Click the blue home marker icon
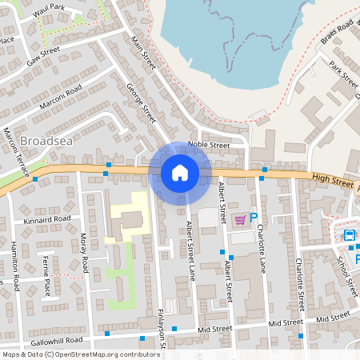tap(180, 173)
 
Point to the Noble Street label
tap(208, 146)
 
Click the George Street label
tap(141, 105)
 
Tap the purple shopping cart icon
tap(240, 218)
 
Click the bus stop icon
tap(350, 235)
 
